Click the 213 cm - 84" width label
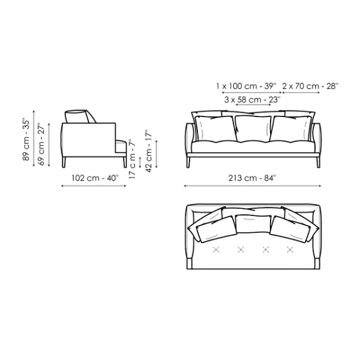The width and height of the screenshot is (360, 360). pyautogui.click(x=252, y=178)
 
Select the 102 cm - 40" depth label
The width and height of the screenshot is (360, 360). pyautogui.click(x=95, y=178)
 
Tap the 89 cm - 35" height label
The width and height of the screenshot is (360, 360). pyautogui.click(x=26, y=139)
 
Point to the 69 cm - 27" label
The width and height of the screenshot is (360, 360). pyautogui.click(x=41, y=144)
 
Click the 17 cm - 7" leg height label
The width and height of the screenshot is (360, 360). pyautogui.click(x=132, y=159)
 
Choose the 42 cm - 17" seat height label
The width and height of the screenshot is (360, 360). pyautogui.click(x=149, y=151)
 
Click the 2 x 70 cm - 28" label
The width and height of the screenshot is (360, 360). pyautogui.click(x=310, y=86)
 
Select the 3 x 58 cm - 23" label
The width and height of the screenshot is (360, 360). pyautogui.click(x=253, y=100)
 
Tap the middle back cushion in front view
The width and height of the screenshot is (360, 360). pyautogui.click(x=253, y=128)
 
